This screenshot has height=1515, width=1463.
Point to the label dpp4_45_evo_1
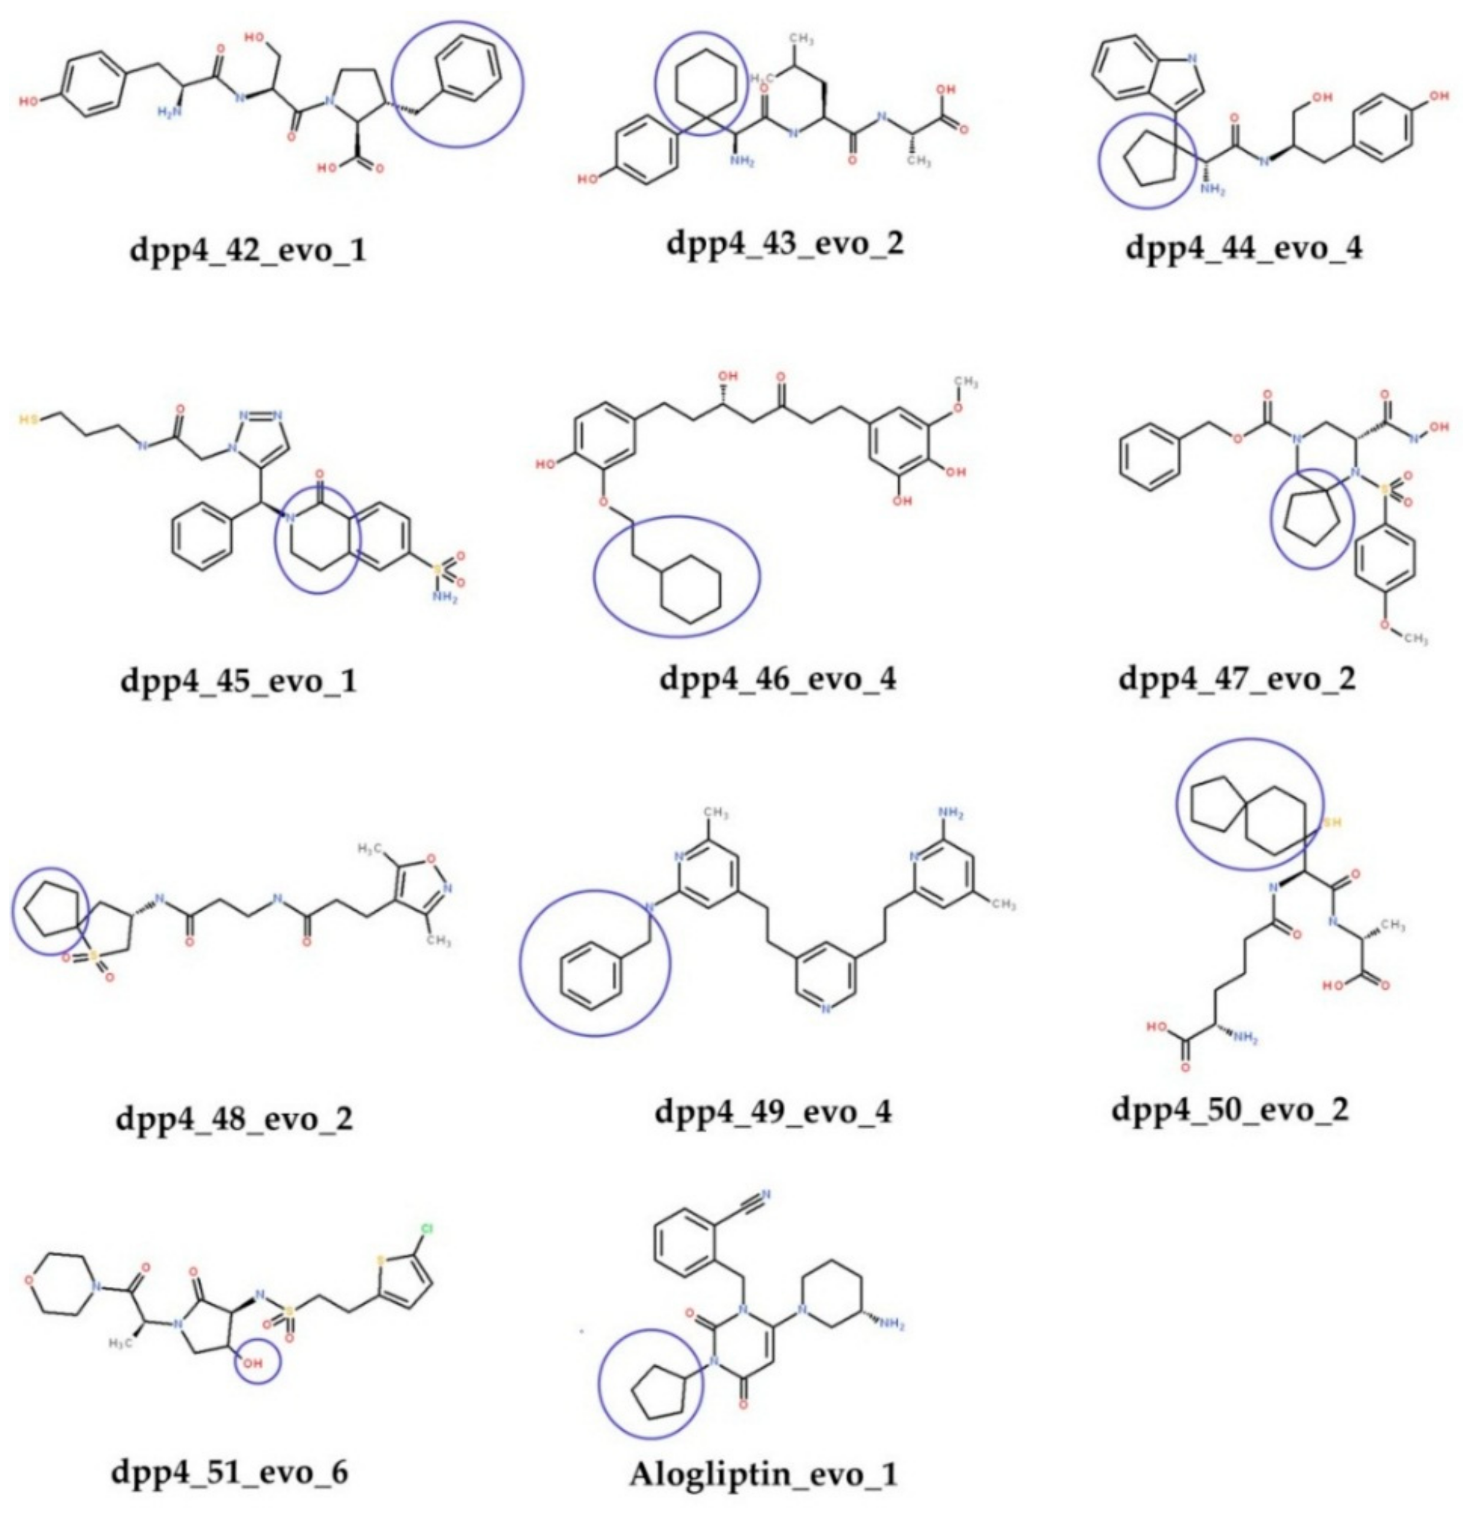pos(239,682)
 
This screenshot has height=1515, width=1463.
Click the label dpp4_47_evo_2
pos(1237,678)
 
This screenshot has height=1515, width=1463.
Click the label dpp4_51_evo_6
pos(229,1473)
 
